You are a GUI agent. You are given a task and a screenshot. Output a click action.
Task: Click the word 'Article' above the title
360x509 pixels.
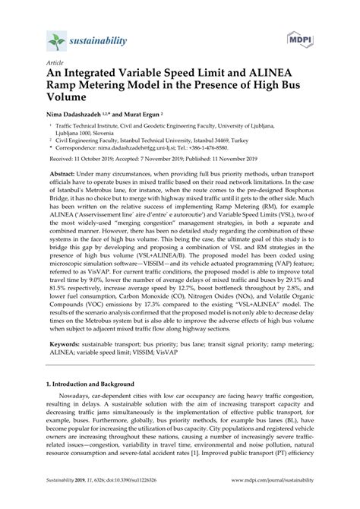tap(55, 65)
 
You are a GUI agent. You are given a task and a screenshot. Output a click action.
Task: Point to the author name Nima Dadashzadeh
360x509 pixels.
tap(82, 112)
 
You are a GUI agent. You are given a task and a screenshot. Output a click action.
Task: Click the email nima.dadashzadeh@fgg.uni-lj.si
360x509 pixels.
tap(145, 149)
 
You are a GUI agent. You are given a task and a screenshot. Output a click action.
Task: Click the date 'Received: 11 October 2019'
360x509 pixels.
tap(86, 161)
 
